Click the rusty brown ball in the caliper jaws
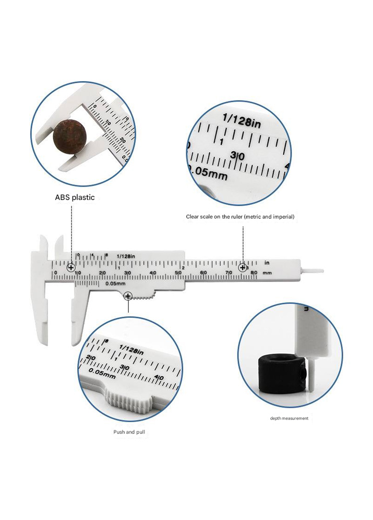(69, 136)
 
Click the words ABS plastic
(75, 197)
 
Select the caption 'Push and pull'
(129, 432)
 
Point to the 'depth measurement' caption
(289, 418)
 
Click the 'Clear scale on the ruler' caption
(240, 217)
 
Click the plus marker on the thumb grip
(128, 296)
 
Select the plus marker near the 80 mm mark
(243, 267)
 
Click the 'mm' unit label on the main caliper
(267, 273)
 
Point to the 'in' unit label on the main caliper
(267, 263)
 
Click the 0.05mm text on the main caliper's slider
(116, 283)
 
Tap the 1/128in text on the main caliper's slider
(126, 256)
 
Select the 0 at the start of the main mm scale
(55, 273)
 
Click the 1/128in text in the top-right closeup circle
(242, 121)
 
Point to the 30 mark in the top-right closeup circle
(237, 155)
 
